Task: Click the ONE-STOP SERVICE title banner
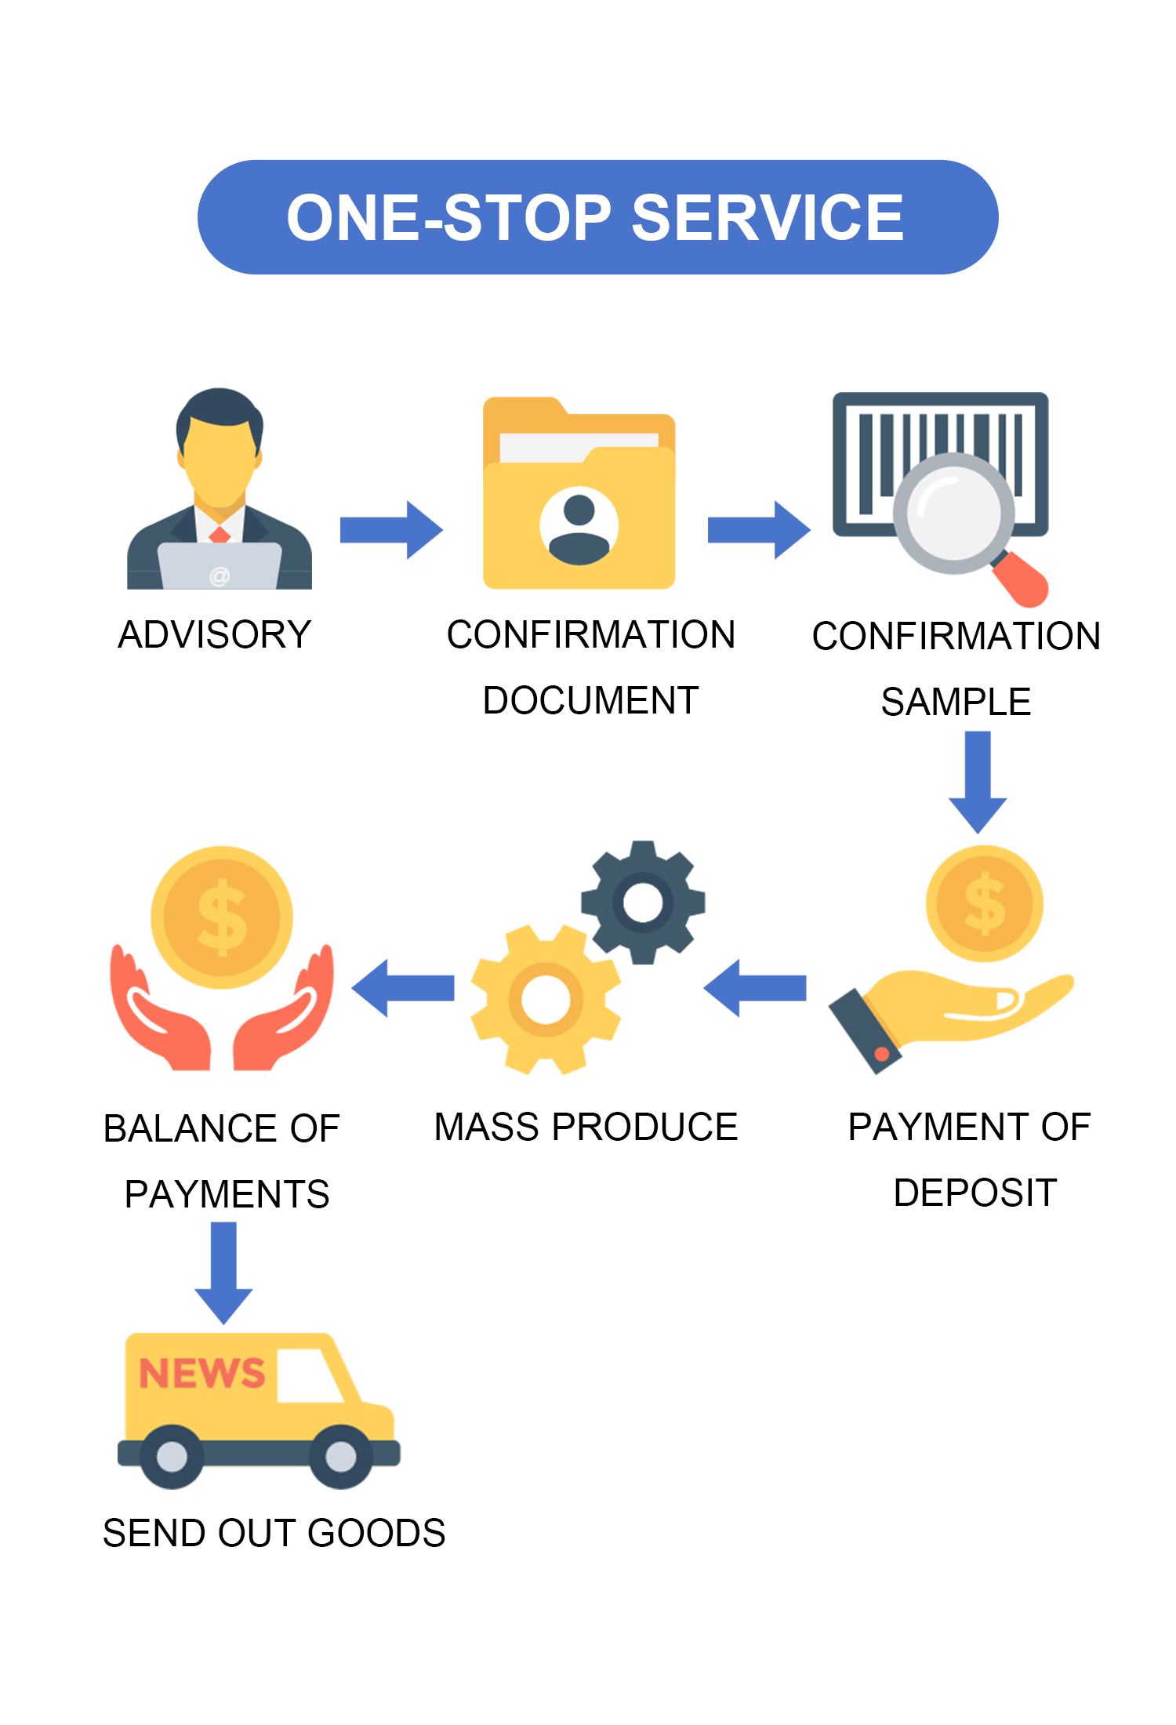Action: tap(597, 217)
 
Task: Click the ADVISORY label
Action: tap(214, 634)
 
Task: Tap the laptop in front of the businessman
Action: tap(220, 567)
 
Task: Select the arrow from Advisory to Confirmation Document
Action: tap(391, 530)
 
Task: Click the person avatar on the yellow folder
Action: tap(579, 525)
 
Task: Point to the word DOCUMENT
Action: tap(590, 700)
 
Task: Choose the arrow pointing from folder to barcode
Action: tap(758, 530)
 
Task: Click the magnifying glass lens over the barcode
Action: tap(953, 514)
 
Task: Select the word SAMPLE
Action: tap(956, 702)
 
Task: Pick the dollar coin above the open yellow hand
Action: tap(984, 903)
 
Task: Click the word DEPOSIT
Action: tap(975, 1193)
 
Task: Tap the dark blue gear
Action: tap(643, 902)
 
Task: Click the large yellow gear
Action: tap(546, 1000)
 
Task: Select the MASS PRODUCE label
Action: tap(586, 1127)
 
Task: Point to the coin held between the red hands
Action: tap(222, 917)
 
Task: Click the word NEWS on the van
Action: tap(201, 1373)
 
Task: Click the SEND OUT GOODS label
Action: tap(274, 1533)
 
